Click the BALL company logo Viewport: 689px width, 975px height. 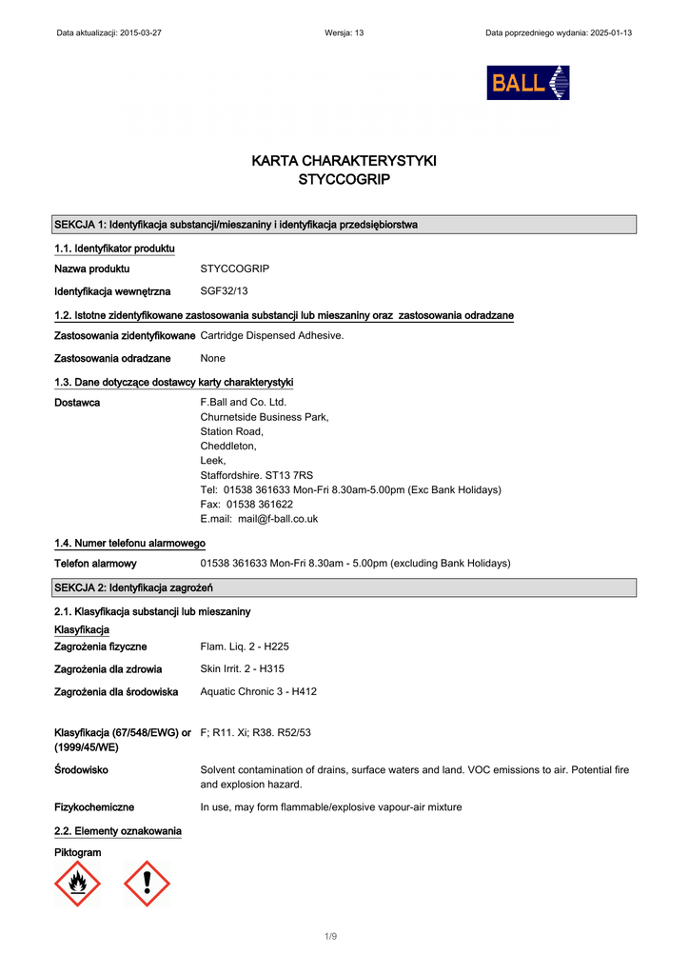coord(527,83)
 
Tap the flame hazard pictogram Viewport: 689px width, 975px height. coord(78,883)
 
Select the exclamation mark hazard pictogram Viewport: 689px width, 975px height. coord(147,883)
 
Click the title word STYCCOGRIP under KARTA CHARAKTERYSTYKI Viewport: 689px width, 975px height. coord(344,179)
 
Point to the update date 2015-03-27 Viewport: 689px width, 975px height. coord(141,32)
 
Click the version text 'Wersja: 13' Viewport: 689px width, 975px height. coord(344,32)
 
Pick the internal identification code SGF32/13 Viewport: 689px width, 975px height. coord(225,290)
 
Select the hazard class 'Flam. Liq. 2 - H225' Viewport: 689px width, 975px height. coord(245,647)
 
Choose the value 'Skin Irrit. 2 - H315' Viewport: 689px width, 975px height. coord(243,669)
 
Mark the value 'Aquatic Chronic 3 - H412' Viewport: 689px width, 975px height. coord(258,691)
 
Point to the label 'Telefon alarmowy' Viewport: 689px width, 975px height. coord(95,564)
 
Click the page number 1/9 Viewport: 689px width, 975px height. coord(330,937)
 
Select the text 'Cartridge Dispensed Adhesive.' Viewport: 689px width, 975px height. coord(272,335)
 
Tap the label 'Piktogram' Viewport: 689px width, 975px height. coord(77,852)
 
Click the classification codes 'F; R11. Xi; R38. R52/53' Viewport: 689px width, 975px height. coord(256,732)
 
